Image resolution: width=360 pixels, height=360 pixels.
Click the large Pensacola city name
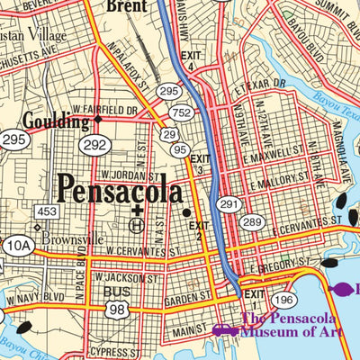[119, 191]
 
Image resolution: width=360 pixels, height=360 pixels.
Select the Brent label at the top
[125, 6]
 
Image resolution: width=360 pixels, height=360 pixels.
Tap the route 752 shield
[181, 112]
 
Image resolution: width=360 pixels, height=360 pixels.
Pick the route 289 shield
[252, 221]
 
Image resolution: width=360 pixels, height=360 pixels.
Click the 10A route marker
[17, 243]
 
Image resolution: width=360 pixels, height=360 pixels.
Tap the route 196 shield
[283, 299]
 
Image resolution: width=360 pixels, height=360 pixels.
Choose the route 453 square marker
[48, 211]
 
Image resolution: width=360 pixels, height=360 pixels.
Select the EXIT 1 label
[256, 293]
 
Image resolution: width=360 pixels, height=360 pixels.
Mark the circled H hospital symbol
[137, 225]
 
